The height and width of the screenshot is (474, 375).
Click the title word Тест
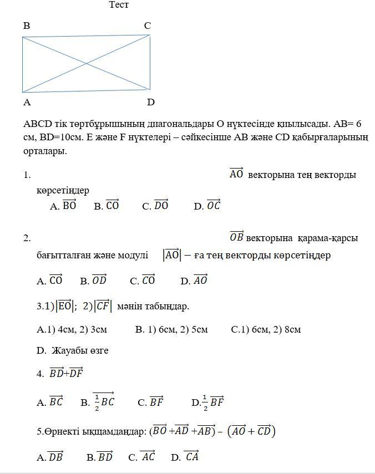(x=119, y=5)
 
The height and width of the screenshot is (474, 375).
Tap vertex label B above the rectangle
(x=27, y=26)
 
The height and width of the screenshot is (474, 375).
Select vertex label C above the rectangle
(x=147, y=26)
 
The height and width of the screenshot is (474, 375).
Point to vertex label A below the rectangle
(x=27, y=103)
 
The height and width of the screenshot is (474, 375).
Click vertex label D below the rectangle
(x=150, y=103)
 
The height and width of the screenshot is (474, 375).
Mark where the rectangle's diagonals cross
(x=86, y=63)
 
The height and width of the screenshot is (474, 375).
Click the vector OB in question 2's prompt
(x=236, y=238)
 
